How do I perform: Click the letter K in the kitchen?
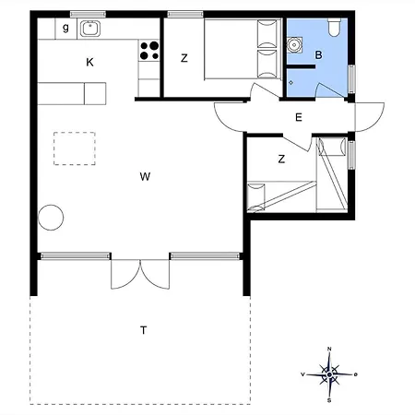89,63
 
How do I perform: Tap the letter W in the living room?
145,175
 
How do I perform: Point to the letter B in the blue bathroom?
318,55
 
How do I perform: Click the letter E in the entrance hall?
298,117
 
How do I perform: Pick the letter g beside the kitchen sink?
65,29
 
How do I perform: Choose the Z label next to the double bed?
184,58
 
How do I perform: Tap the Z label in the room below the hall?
281,159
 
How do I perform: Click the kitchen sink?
90,29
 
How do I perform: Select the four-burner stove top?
148,51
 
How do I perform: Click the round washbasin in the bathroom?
296,43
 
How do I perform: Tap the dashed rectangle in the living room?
76,148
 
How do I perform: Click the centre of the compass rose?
329,373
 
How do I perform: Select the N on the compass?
329,349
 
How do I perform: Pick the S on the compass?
329,400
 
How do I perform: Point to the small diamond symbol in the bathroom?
291,83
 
